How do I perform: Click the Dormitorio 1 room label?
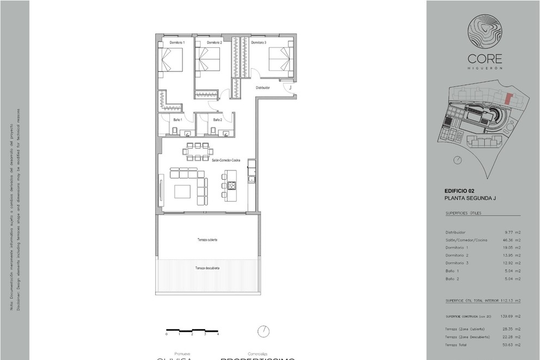[x=177, y=42]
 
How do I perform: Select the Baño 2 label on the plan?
[x=218, y=119]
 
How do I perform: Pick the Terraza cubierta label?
[x=207, y=240]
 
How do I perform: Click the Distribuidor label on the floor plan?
[x=263, y=87]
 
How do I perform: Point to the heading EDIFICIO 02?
[x=459, y=191]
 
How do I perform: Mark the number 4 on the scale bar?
[x=218, y=334]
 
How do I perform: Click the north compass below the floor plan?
[x=264, y=331]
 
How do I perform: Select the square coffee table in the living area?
[x=182, y=192]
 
